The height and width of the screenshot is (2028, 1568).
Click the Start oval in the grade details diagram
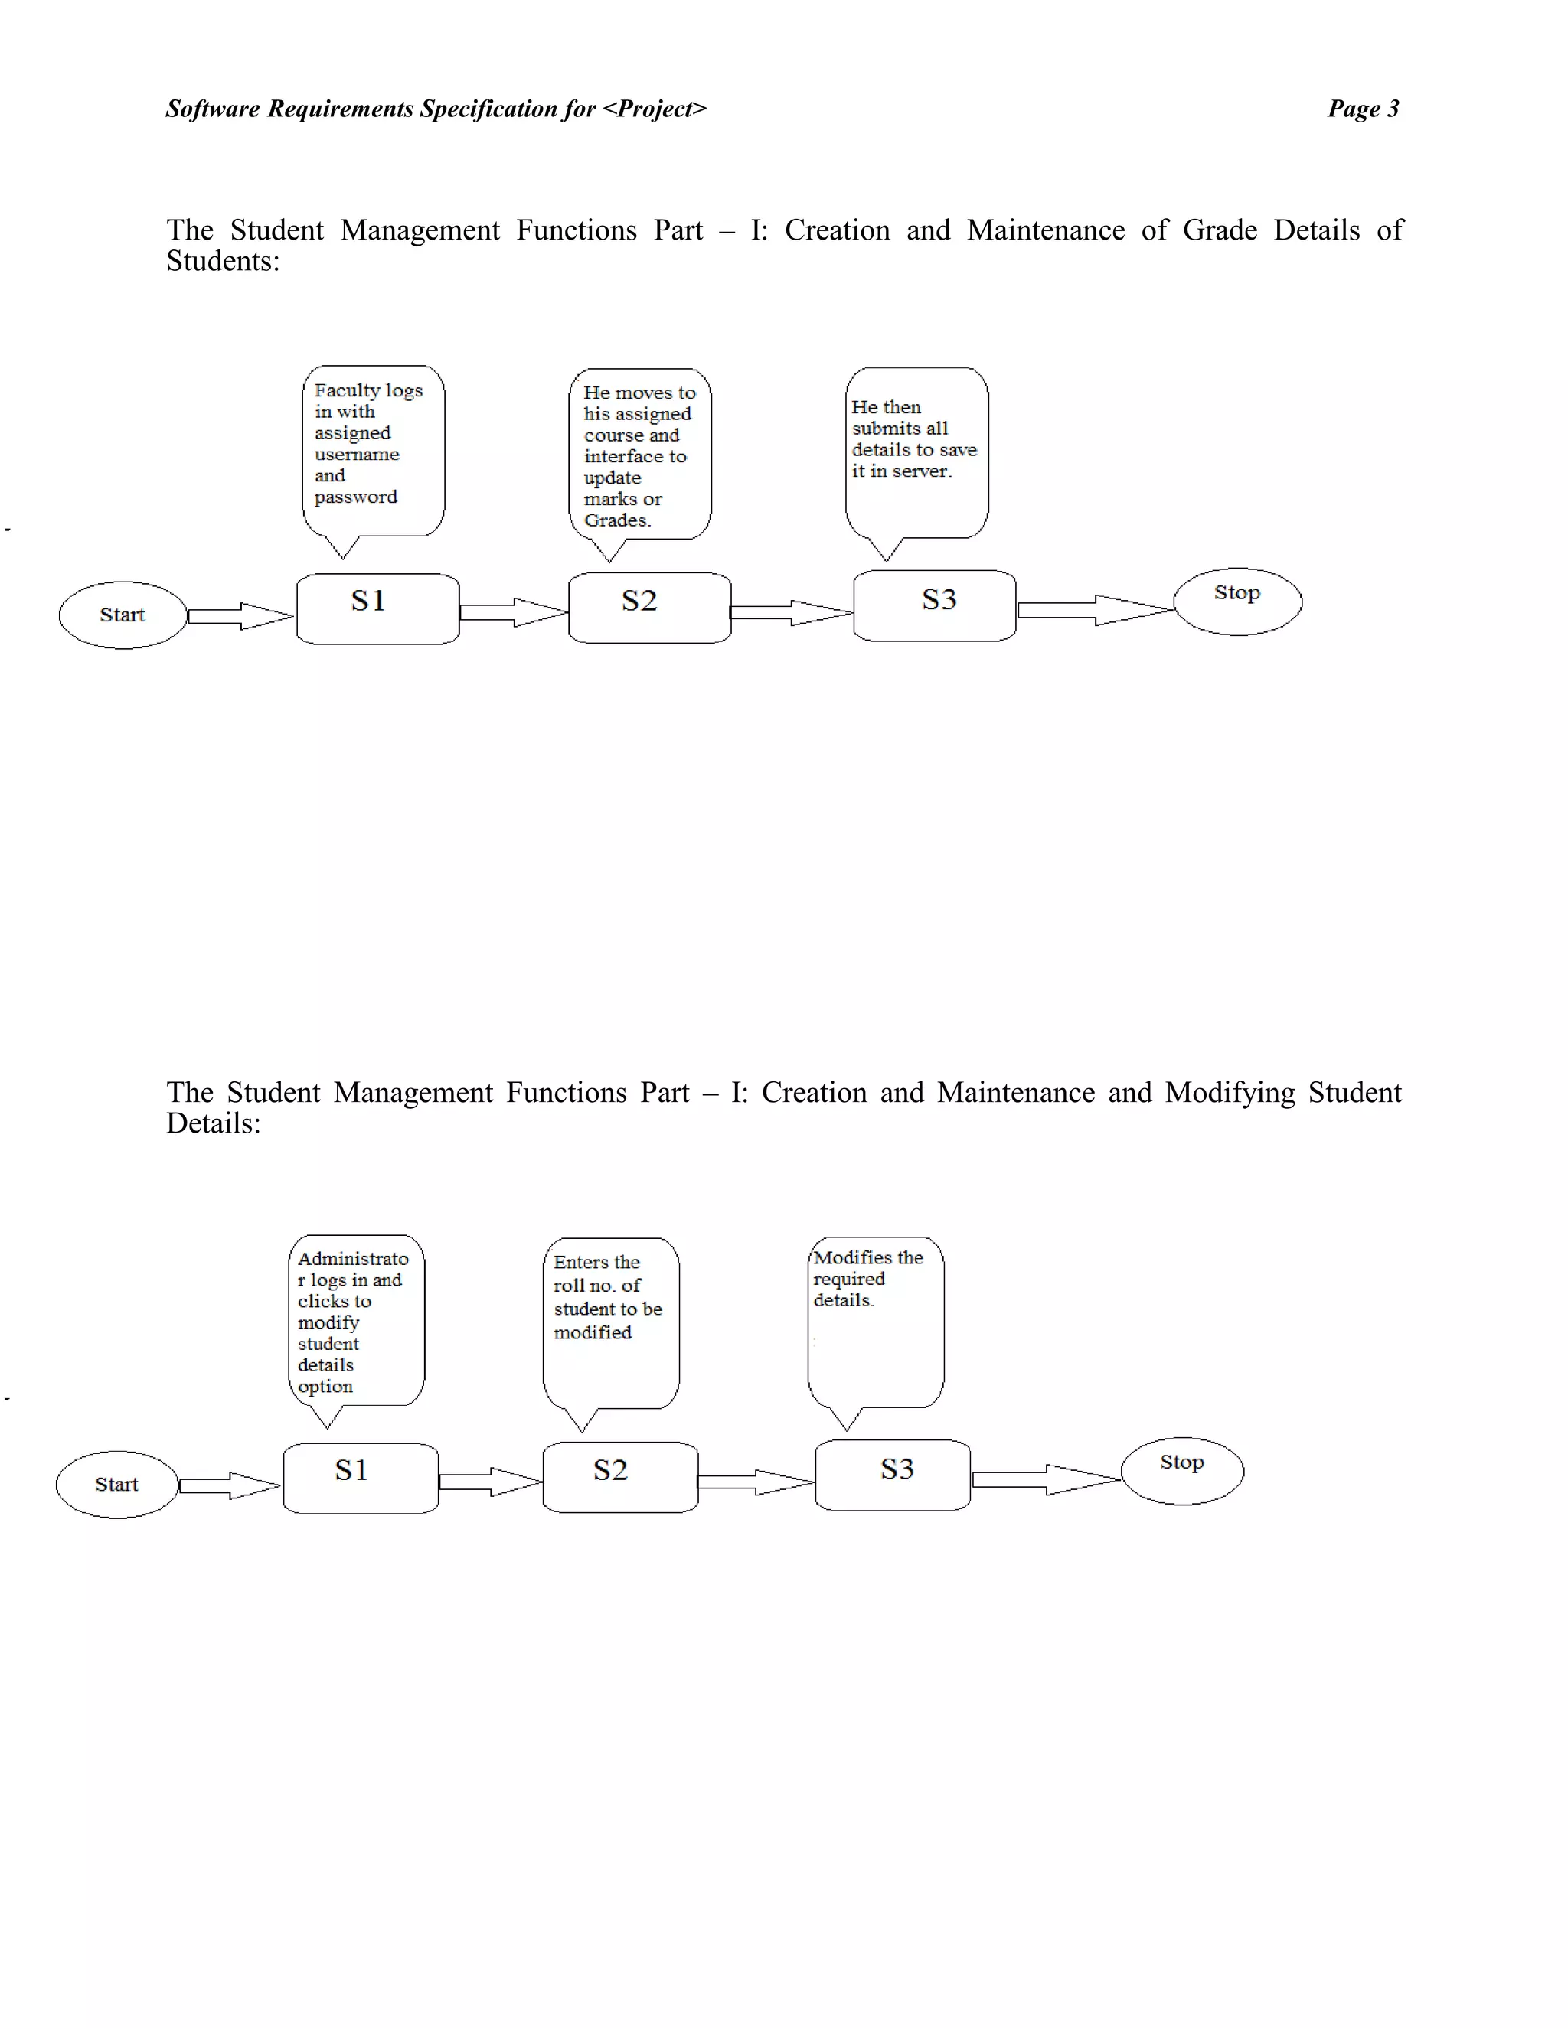point(122,615)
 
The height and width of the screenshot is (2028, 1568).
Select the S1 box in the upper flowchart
point(377,608)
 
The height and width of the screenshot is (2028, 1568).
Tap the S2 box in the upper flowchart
point(649,608)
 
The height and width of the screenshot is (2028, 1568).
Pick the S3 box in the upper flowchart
point(935,605)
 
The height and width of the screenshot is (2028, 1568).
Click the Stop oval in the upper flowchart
point(1237,601)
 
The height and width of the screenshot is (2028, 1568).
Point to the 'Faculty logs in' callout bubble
point(374,450)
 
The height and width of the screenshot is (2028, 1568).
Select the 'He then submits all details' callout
point(916,452)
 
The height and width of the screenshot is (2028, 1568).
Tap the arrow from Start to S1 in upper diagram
point(240,615)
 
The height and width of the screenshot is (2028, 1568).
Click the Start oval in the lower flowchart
point(117,1484)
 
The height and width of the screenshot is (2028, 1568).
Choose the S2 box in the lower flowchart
point(619,1476)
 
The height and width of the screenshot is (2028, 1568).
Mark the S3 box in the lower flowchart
point(893,1475)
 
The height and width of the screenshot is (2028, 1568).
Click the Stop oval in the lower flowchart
point(1181,1471)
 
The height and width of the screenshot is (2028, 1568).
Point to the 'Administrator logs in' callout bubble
point(357,1320)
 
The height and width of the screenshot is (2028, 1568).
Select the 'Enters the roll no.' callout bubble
point(611,1322)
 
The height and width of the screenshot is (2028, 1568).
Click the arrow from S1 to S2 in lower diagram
point(489,1481)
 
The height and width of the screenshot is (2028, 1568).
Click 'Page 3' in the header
point(1363,109)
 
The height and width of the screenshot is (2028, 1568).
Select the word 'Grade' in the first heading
point(1220,230)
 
